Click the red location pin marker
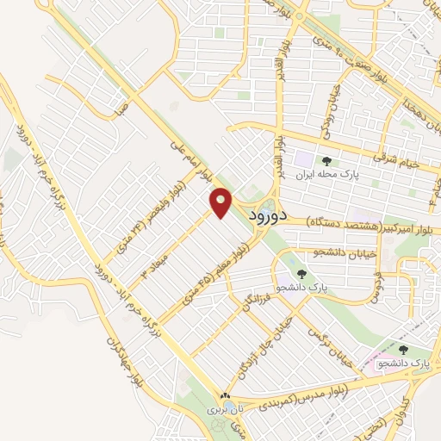tap(221, 203)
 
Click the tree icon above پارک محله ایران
tap(326, 160)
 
